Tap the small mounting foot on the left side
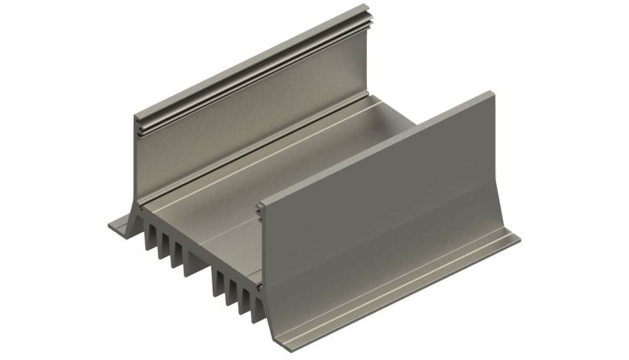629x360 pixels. (x=120, y=225)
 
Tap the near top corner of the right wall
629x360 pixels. (x=260, y=205)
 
